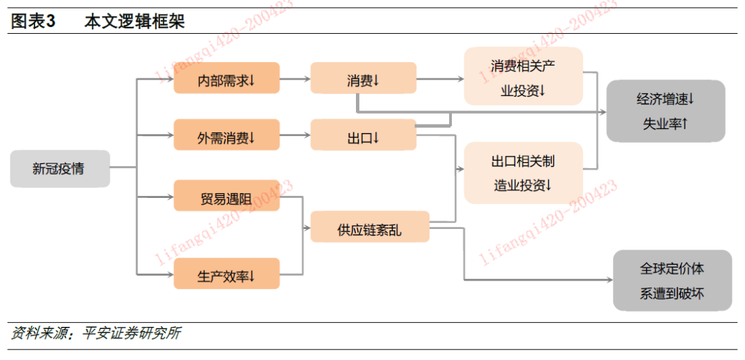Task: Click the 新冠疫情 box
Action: click(x=59, y=168)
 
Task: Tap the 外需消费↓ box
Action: click(x=226, y=137)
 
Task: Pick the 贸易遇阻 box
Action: click(x=226, y=197)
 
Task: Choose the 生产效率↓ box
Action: click(x=226, y=274)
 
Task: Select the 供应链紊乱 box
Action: click(x=370, y=228)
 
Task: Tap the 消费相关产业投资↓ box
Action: click(x=523, y=77)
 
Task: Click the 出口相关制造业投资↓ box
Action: click(x=523, y=173)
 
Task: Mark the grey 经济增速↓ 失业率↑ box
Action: click(x=665, y=112)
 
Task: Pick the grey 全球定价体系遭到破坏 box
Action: click(x=672, y=281)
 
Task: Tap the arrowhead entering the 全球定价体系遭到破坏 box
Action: click(x=608, y=280)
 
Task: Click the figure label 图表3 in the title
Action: click(x=33, y=21)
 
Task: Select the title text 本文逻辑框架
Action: click(x=135, y=21)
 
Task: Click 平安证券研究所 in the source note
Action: click(x=131, y=334)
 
